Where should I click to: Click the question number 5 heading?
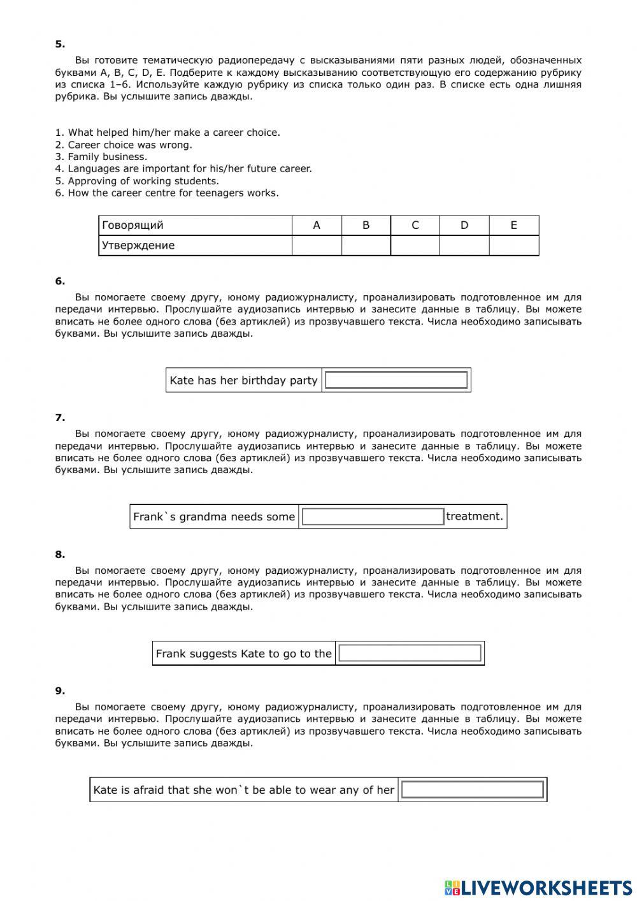60,44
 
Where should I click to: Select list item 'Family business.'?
101,157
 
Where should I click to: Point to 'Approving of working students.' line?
137,181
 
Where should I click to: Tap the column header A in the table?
317,225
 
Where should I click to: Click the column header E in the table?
514,225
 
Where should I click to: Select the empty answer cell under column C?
415,245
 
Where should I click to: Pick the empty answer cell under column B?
366,245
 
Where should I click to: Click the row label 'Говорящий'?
132,225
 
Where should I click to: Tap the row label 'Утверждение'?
138,245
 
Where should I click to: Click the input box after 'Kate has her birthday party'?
396,380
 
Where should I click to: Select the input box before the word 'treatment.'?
373,516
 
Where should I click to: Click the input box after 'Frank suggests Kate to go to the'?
410,653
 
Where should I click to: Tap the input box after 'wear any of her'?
473,789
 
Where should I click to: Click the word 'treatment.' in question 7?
475,516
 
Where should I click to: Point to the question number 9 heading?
60,691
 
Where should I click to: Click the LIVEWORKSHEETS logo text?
546,888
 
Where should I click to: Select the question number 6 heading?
60,281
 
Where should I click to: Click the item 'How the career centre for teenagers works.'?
167,193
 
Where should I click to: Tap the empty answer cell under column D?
464,245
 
